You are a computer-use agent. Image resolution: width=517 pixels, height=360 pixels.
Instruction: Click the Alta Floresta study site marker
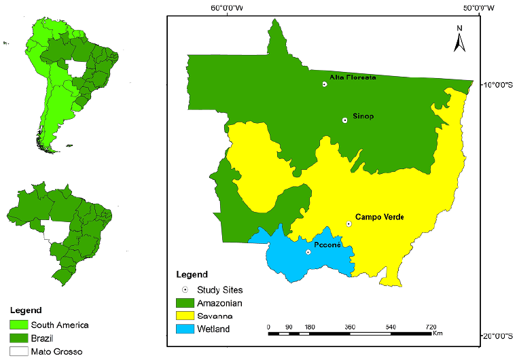(x=325, y=84)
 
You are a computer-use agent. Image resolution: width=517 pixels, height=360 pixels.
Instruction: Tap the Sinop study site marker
(x=344, y=120)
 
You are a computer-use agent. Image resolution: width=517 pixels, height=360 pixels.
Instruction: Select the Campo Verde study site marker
(x=349, y=223)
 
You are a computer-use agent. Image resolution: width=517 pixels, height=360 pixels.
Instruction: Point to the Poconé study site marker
(x=308, y=252)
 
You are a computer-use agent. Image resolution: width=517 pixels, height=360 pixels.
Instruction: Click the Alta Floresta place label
(x=353, y=77)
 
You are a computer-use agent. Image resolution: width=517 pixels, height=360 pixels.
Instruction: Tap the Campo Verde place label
(x=379, y=217)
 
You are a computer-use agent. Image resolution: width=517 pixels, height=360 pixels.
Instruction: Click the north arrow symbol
(x=459, y=40)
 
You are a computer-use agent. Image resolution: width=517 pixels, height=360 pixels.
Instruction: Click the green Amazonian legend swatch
(x=185, y=302)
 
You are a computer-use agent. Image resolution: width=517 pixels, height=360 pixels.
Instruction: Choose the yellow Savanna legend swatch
(x=185, y=316)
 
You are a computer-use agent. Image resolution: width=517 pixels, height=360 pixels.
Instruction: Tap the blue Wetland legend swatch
(x=185, y=329)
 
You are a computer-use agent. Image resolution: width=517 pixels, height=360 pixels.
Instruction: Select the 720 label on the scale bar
(x=430, y=327)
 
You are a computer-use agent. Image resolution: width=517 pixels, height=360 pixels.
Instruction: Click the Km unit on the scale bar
(x=438, y=334)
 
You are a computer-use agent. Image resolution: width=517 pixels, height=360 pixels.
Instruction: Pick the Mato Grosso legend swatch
(x=19, y=351)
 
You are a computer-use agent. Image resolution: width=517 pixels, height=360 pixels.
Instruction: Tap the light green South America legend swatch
(x=19, y=325)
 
